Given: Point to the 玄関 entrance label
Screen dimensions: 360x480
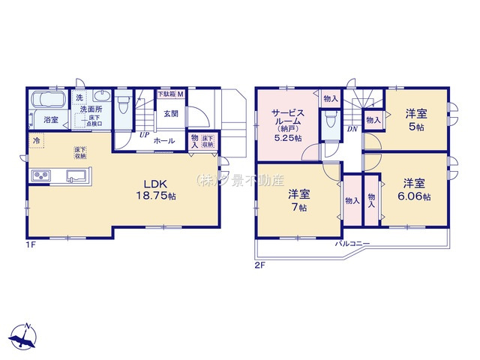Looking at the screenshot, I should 171,114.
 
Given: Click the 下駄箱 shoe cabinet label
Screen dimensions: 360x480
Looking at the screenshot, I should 171,94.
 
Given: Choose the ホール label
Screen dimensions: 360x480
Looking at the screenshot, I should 164,141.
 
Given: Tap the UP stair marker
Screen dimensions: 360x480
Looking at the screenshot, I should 142,136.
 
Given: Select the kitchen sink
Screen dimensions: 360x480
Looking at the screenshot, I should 76,176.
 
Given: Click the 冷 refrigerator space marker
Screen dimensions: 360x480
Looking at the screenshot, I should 35,139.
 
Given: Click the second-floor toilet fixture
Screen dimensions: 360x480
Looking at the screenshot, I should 331,121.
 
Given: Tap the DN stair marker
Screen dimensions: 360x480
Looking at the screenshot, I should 352,130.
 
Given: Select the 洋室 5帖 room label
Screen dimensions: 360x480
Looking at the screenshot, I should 416,119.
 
